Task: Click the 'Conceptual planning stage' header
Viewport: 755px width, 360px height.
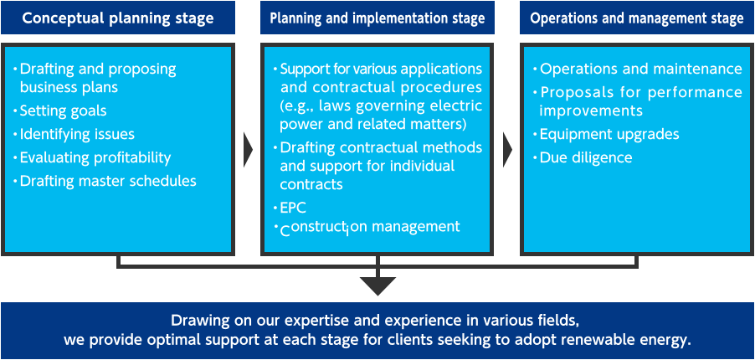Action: pyautogui.click(x=117, y=18)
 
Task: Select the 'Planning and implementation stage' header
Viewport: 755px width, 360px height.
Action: pyautogui.click(x=376, y=18)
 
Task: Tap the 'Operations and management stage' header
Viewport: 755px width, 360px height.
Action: pyautogui.click(x=637, y=18)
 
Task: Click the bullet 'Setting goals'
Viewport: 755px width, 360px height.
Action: pyautogui.click(x=63, y=111)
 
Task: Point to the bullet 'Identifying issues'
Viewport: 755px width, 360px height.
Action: pyautogui.click(x=76, y=134)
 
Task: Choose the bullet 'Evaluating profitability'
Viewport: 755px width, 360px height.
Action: pyautogui.click(x=95, y=157)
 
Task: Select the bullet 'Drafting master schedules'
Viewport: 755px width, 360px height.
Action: pyautogui.click(x=107, y=181)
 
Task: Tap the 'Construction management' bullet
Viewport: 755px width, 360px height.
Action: pyautogui.click(x=370, y=227)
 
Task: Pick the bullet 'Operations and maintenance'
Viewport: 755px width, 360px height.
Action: pyautogui.click(x=640, y=69)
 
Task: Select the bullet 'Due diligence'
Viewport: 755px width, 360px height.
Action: pyautogui.click(x=585, y=157)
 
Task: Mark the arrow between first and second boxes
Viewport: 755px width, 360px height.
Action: pyautogui.click(x=247, y=150)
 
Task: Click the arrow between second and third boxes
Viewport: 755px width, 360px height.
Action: pyautogui.click(x=507, y=150)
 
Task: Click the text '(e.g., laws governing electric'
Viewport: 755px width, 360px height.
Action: pyautogui.click(x=381, y=106)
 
